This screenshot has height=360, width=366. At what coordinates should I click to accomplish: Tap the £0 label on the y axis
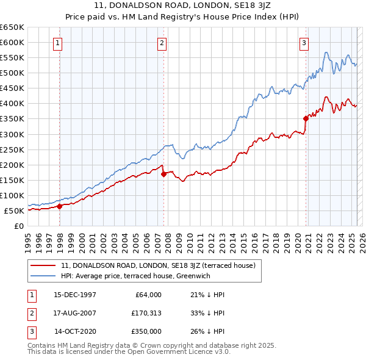[x=20, y=226]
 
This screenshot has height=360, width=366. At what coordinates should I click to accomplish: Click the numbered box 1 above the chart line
[x=57, y=43]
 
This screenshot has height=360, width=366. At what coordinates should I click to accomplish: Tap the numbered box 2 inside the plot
[x=162, y=43]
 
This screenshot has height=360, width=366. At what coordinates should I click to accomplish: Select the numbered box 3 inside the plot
[x=304, y=43]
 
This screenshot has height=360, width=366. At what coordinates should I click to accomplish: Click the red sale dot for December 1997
[x=60, y=206]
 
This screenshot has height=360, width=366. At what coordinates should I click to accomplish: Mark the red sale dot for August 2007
[x=163, y=174]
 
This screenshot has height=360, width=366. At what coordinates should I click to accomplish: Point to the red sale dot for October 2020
[x=306, y=118]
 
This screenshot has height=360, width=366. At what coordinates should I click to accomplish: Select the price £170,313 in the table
[x=145, y=314]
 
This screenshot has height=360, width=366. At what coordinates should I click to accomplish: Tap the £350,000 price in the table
[x=145, y=333]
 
